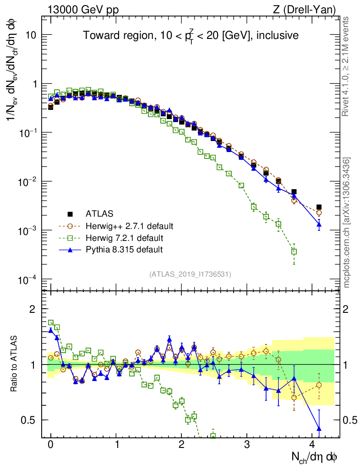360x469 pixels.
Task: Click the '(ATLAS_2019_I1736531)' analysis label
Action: pos(190,274)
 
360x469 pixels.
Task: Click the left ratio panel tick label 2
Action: pos(33,309)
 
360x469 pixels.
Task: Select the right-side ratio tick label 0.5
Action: pos(349,420)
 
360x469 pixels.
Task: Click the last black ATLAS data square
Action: pos(319,207)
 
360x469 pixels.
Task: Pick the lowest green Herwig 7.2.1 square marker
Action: pos(294,251)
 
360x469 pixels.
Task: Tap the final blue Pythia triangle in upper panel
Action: pos(319,224)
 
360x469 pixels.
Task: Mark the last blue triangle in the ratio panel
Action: pos(319,429)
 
